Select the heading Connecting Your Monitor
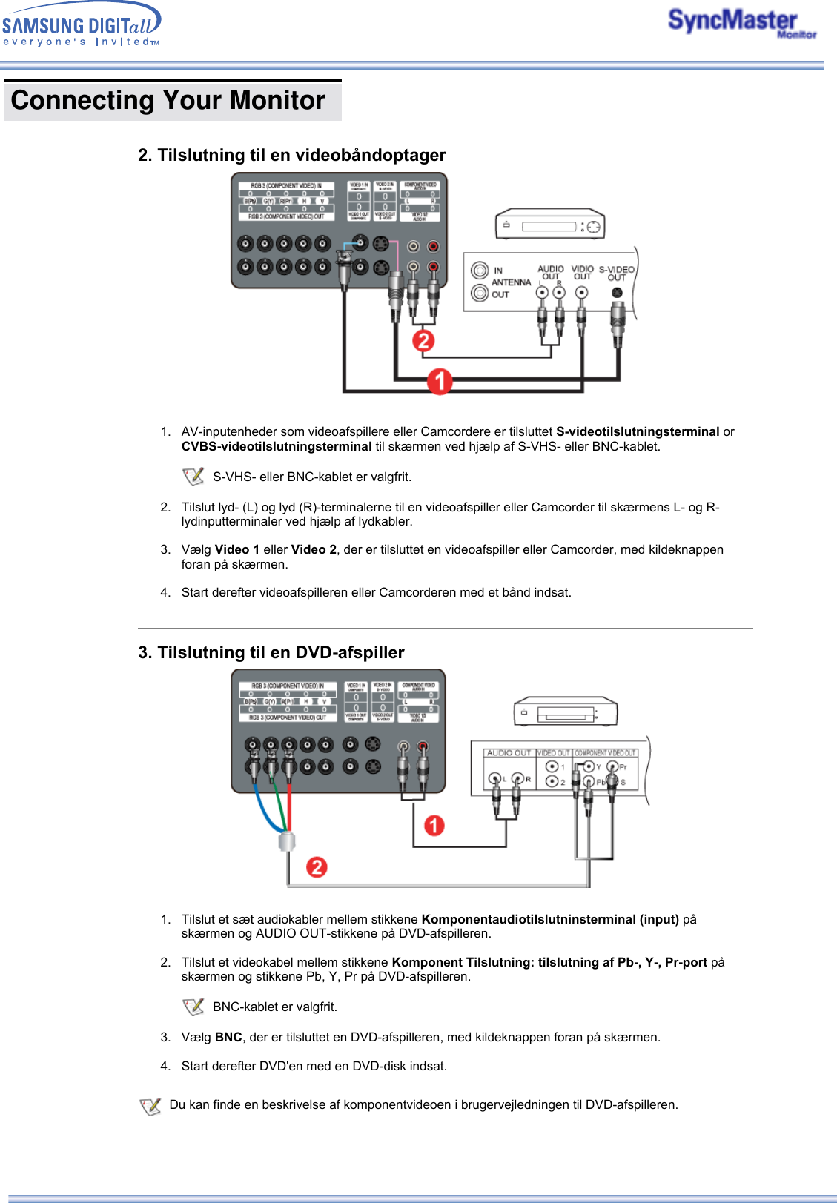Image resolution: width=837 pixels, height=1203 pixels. tap(168, 100)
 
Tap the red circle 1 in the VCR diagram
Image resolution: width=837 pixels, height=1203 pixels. tap(440, 381)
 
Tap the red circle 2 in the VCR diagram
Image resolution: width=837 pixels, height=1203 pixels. tap(423, 340)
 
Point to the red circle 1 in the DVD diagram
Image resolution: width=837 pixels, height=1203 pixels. tap(434, 825)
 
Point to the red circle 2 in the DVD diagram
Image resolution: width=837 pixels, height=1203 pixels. tap(317, 866)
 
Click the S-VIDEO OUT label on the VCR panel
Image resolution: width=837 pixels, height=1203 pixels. tap(616, 274)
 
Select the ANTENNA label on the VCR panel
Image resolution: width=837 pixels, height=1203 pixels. tap(511, 282)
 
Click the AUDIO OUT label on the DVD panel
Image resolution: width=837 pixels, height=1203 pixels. tap(509, 753)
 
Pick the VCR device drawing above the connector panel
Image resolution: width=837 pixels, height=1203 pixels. tap(549, 225)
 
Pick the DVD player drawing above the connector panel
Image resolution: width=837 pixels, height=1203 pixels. tap(566, 712)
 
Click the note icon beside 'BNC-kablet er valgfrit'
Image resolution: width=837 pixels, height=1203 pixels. tap(193, 1007)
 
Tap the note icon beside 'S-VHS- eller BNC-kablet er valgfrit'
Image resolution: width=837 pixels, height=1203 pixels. tap(193, 477)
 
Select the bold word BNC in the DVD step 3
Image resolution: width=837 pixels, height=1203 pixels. tap(228, 1037)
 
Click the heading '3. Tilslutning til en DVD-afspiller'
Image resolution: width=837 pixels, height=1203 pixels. tap(271, 652)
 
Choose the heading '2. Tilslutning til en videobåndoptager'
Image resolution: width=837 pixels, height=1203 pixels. tap(291, 155)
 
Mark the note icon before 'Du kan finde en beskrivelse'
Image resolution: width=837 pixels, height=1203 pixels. tap(150, 1106)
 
